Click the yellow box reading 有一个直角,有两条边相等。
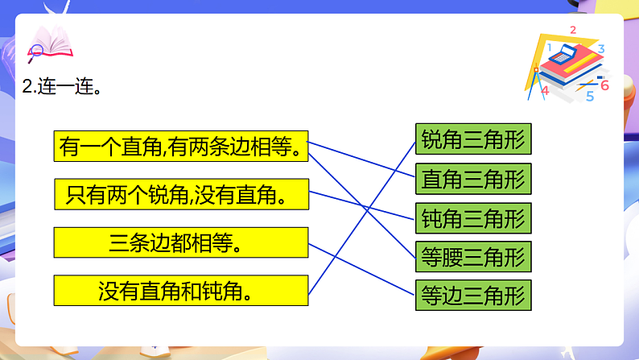click(181, 147)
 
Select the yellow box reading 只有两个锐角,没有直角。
click(181, 194)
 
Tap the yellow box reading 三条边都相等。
click(181, 242)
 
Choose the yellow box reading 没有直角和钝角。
click(181, 290)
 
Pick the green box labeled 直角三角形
click(473, 179)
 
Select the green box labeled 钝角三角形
click(473, 217)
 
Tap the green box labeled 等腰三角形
click(473, 256)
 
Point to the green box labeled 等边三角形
click(473, 295)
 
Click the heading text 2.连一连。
click(63, 87)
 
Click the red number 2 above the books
click(573, 31)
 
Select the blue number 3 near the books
click(600, 49)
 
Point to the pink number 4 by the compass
click(545, 91)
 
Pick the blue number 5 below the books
click(590, 97)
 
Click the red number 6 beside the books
click(605, 85)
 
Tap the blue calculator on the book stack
click(567, 54)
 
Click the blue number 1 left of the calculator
click(549, 48)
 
